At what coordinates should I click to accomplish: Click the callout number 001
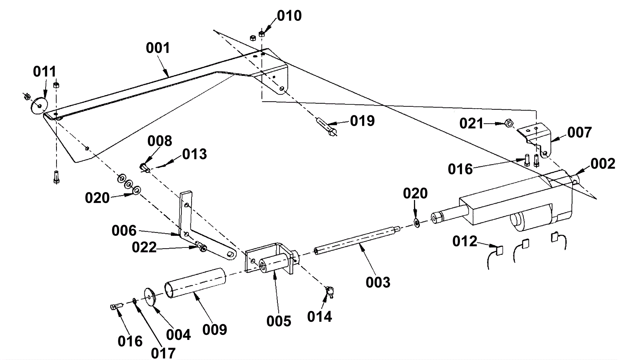pyautogui.click(x=158, y=48)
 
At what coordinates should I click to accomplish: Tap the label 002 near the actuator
pyautogui.click(x=603, y=164)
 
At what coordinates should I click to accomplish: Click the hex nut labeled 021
pyautogui.click(x=509, y=124)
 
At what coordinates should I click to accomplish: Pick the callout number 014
pyautogui.click(x=320, y=316)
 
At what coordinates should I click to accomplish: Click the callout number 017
pyautogui.click(x=163, y=353)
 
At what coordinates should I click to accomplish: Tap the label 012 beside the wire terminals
pyautogui.click(x=465, y=241)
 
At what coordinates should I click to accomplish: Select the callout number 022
pyautogui.click(x=144, y=247)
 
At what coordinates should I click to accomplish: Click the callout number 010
pyautogui.click(x=289, y=16)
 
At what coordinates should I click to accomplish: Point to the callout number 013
pyautogui.click(x=195, y=154)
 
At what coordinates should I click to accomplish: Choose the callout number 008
pyautogui.click(x=159, y=141)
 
